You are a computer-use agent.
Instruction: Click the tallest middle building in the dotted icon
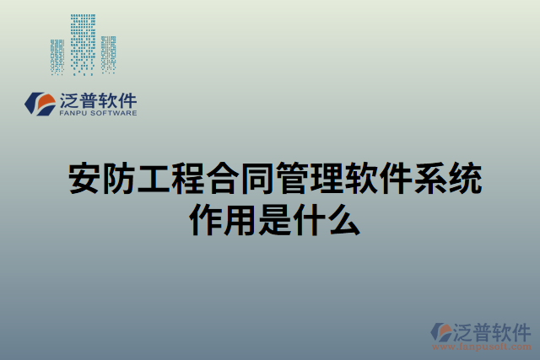click(83, 42)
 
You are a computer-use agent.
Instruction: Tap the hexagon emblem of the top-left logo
click(41, 103)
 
